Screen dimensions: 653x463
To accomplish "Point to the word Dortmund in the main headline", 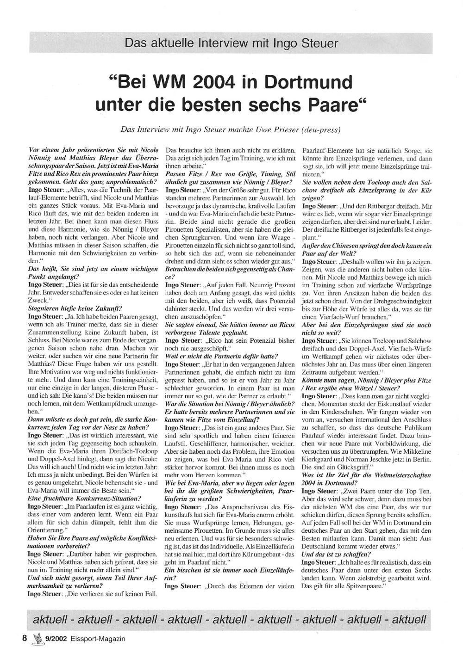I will tap(307, 83).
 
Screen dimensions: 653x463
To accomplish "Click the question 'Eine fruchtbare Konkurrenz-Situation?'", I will tap(85, 498).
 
